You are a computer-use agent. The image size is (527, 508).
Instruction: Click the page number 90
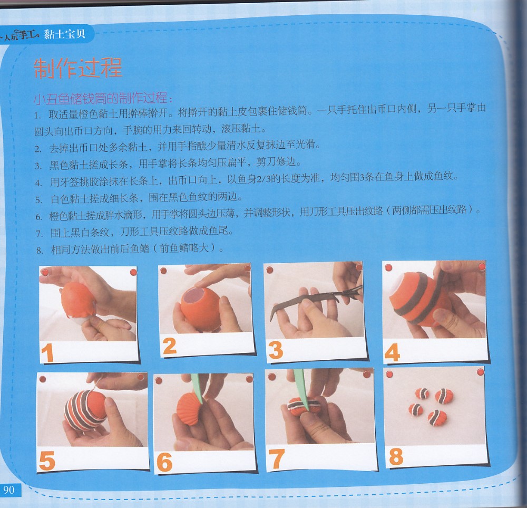[x=9, y=490]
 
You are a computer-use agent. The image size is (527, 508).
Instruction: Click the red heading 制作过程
[x=78, y=68]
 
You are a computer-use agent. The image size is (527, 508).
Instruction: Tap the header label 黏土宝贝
[x=65, y=34]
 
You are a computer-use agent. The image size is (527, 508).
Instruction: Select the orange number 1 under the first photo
[x=47, y=353]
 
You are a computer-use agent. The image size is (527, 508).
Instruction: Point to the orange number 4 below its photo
[x=392, y=352]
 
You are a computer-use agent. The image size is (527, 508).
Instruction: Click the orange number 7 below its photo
[x=276, y=459]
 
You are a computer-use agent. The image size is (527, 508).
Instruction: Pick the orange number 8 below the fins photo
[x=396, y=457]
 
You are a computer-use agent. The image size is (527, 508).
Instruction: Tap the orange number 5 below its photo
[x=47, y=461]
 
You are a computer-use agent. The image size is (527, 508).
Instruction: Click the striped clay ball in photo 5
[x=85, y=410]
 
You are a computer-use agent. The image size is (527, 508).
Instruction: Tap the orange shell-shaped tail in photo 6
[x=189, y=409]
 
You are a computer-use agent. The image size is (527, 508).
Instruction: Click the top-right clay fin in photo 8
[x=444, y=396]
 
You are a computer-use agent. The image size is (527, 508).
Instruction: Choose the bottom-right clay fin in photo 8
[x=437, y=418]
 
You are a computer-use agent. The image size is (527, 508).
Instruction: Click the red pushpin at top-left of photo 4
[x=388, y=268]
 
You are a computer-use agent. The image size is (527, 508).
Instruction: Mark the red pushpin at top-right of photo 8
[x=480, y=372]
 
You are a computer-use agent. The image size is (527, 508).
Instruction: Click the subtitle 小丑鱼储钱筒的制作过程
[x=103, y=98]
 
